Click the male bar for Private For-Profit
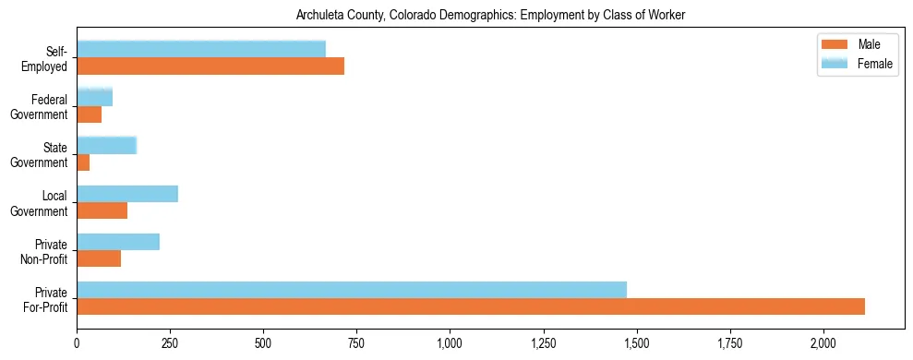point(471,306)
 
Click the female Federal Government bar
point(94,97)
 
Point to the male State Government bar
point(83,162)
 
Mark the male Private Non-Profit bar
point(99,258)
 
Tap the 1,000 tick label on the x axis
point(450,344)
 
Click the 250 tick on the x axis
point(170,344)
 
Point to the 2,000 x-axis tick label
point(823,344)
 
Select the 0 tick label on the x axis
point(77,344)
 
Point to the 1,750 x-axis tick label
point(729,344)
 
